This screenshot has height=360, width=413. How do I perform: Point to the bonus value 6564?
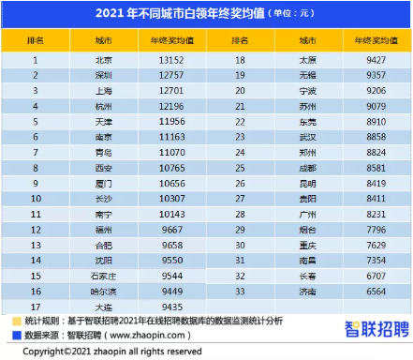point(376,291)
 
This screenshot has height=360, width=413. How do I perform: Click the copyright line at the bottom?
point(112,352)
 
